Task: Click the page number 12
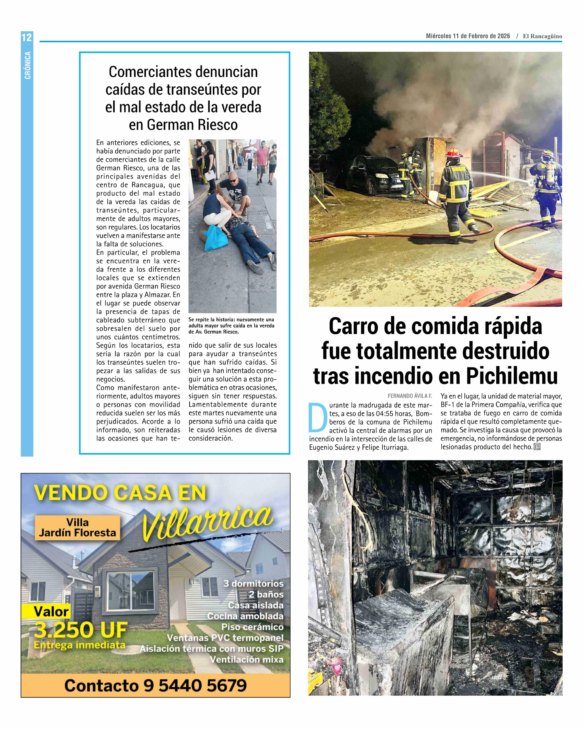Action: click(27, 37)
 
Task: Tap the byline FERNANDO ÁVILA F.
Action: click(410, 396)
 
